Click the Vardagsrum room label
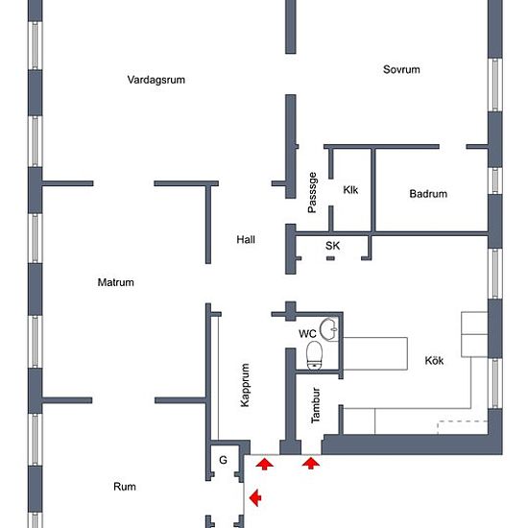(x=156, y=80)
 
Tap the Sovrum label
(x=401, y=70)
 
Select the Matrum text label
(x=116, y=282)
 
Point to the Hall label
(x=246, y=240)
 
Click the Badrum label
(x=428, y=194)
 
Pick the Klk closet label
(x=350, y=190)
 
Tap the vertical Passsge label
(x=312, y=193)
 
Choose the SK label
(x=333, y=246)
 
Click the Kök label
(x=434, y=361)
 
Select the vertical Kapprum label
(x=245, y=385)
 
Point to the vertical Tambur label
(x=316, y=405)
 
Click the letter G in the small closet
(x=223, y=460)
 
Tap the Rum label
(x=125, y=487)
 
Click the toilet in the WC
(x=315, y=355)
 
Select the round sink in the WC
(x=328, y=328)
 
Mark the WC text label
(x=307, y=334)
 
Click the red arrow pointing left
(x=255, y=497)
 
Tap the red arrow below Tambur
(x=311, y=463)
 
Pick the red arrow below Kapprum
(x=265, y=464)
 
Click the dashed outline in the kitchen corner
(x=463, y=421)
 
